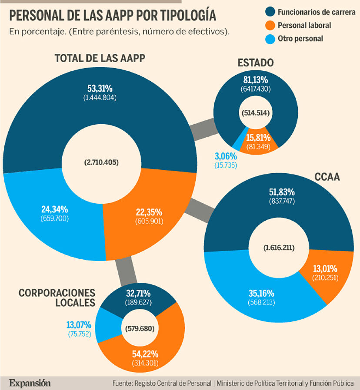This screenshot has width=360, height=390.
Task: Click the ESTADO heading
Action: pyautogui.click(x=256, y=63)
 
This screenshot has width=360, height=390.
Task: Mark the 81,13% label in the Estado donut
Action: pyautogui.click(x=256, y=80)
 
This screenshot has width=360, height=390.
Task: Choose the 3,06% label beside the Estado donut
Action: pyautogui.click(x=225, y=156)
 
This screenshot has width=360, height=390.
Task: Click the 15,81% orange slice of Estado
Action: pyautogui.click(x=258, y=138)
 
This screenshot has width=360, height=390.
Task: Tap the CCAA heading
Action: pyautogui.click(x=327, y=177)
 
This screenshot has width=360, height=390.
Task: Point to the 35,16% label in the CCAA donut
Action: pyautogui.click(x=261, y=293)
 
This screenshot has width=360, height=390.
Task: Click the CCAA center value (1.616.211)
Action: pyautogui.click(x=279, y=248)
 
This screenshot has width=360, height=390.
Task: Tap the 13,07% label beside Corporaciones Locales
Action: pyautogui.click(x=79, y=324)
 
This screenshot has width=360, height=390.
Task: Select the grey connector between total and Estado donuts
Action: pyautogui.click(x=204, y=129)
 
